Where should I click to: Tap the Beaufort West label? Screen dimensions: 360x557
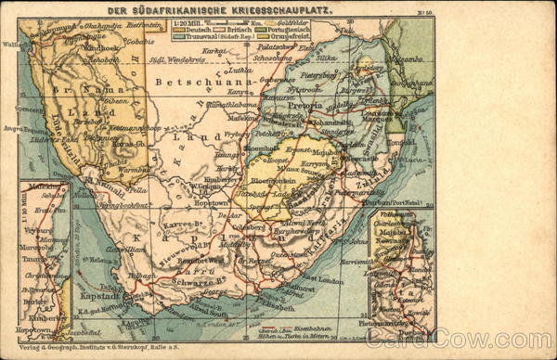pos(193,265)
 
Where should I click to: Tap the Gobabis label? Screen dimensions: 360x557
pos(139,42)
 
